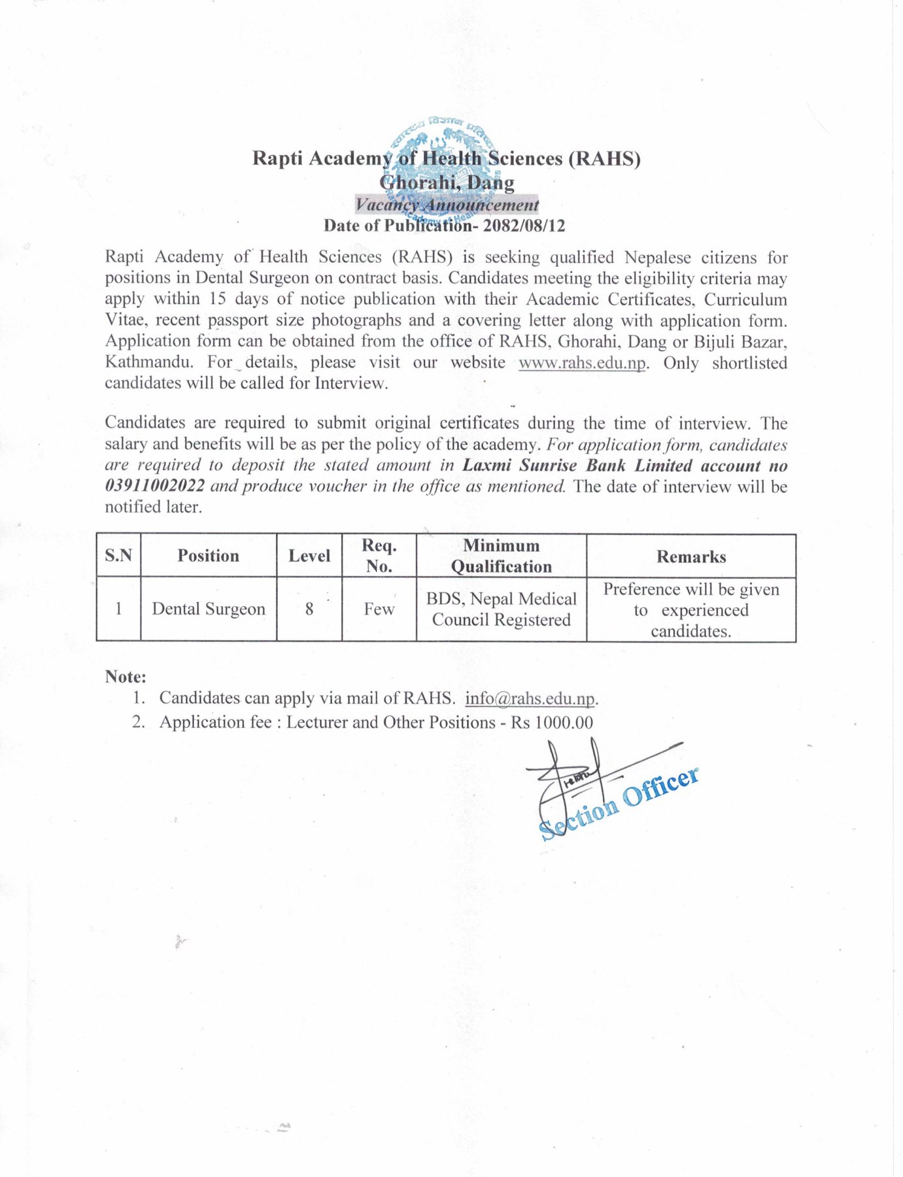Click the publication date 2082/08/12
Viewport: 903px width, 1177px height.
(x=523, y=226)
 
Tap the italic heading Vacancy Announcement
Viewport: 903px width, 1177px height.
(x=447, y=205)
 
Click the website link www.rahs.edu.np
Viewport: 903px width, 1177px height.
(x=582, y=363)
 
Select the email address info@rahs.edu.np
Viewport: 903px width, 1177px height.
(x=530, y=698)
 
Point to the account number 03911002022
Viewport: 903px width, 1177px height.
(x=155, y=486)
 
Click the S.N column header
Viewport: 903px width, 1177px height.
(x=118, y=556)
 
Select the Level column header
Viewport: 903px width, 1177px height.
(x=309, y=556)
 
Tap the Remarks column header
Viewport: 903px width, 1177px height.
(x=691, y=556)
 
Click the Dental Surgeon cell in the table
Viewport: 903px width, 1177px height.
(x=209, y=609)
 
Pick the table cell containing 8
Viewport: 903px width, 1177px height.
(x=309, y=609)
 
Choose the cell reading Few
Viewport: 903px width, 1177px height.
(x=379, y=609)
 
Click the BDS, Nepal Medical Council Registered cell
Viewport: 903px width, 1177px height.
(x=502, y=609)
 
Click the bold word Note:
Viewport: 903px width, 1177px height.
(x=126, y=677)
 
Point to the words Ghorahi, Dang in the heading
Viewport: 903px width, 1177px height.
(x=447, y=182)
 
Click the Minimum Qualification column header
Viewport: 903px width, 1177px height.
(x=502, y=556)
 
